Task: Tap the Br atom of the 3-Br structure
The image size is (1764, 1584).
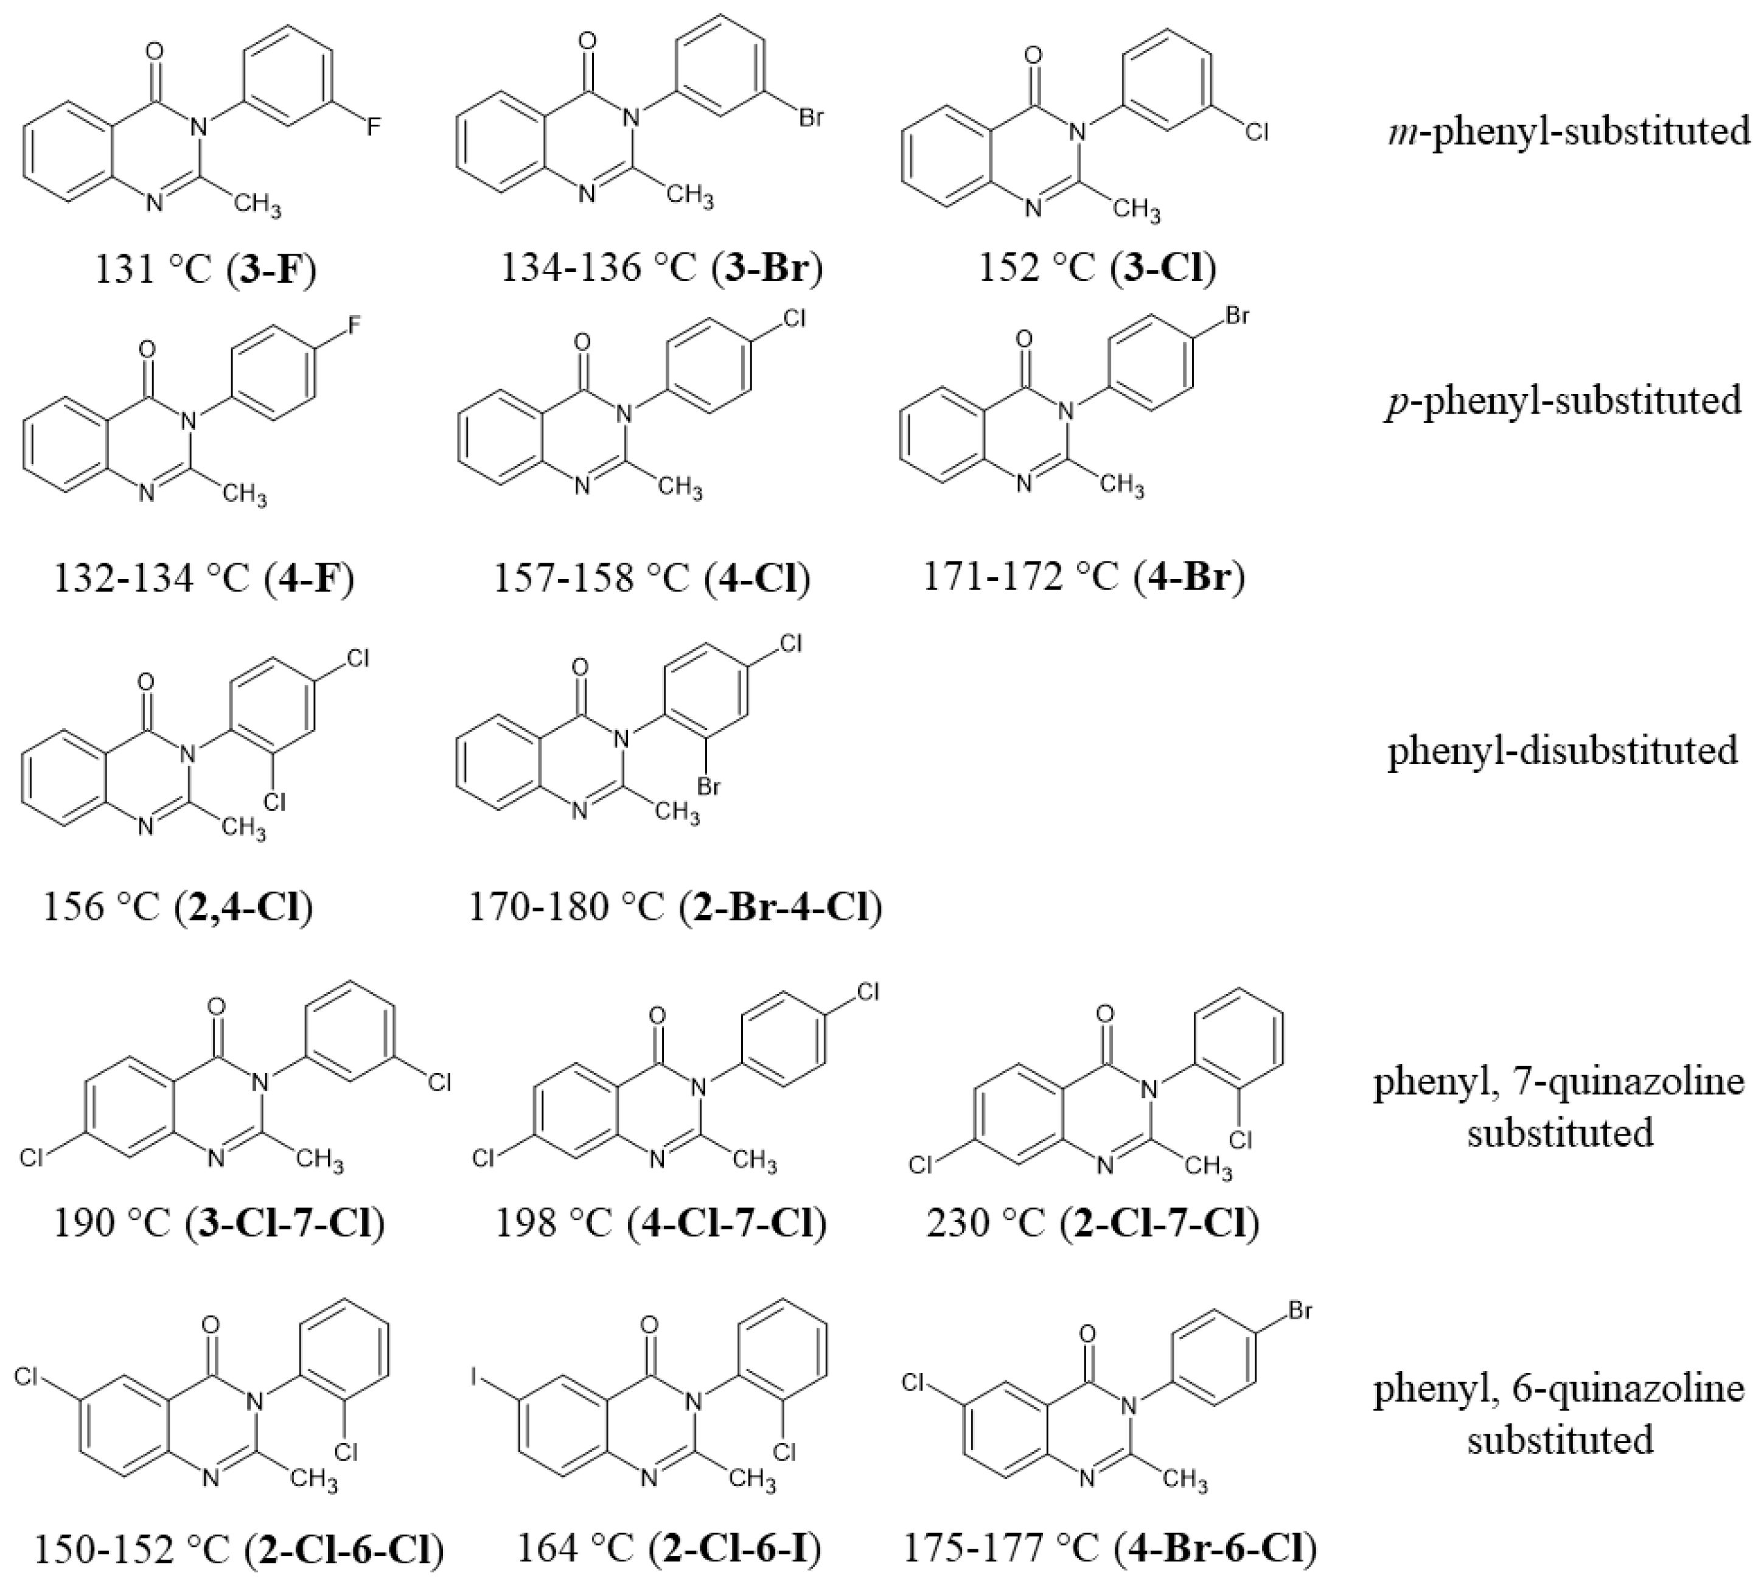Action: pos(810,117)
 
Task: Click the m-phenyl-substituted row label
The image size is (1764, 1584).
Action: pos(1568,131)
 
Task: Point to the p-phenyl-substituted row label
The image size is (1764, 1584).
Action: pos(1563,400)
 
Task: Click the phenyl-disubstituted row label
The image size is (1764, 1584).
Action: pos(1563,749)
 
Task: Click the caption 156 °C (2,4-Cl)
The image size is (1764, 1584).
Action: pos(178,907)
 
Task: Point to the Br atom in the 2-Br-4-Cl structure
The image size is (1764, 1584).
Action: pos(709,788)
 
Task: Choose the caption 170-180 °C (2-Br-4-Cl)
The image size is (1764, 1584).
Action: pos(675,907)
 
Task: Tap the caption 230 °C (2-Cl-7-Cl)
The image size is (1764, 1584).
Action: pos(1093,1223)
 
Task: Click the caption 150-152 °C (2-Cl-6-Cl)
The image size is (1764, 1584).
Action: pos(239,1548)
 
